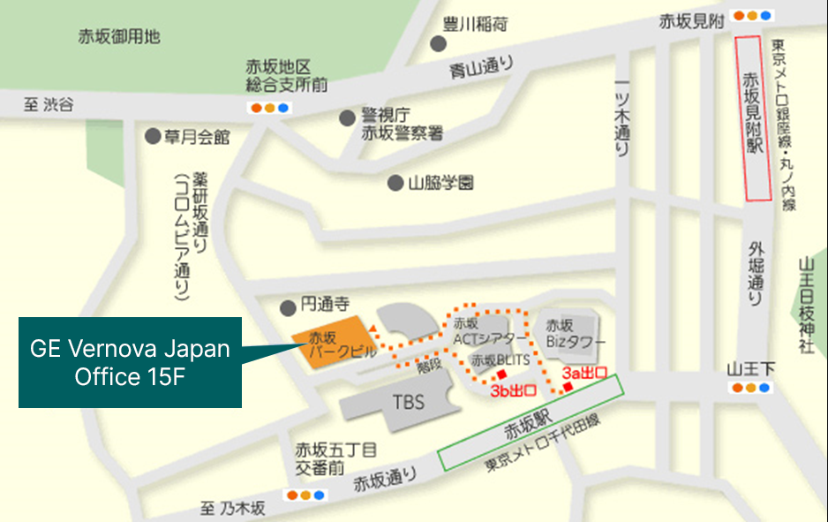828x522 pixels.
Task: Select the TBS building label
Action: [408, 402]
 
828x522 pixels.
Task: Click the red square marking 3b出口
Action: [501, 373]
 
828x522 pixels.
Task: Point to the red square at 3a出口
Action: [568, 386]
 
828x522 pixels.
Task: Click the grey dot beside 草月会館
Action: [152, 137]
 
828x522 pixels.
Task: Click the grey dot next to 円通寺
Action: [287, 308]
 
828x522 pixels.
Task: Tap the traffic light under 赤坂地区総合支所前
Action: [269, 109]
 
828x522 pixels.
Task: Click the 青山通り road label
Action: [479, 68]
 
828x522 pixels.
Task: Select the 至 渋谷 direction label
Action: [49, 105]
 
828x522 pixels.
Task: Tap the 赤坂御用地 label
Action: [118, 37]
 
